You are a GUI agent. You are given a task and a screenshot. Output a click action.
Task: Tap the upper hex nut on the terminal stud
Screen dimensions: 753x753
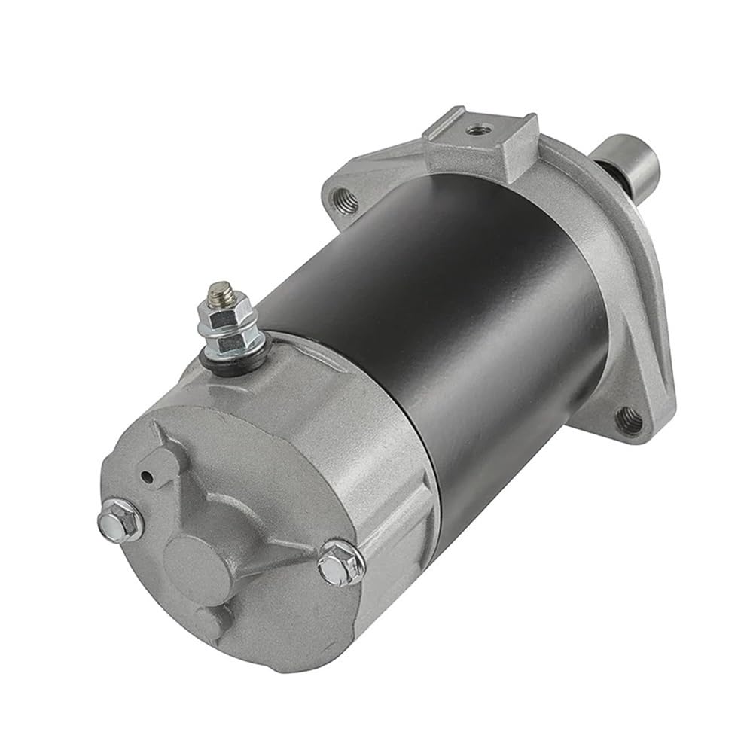pyautogui.click(x=219, y=308)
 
